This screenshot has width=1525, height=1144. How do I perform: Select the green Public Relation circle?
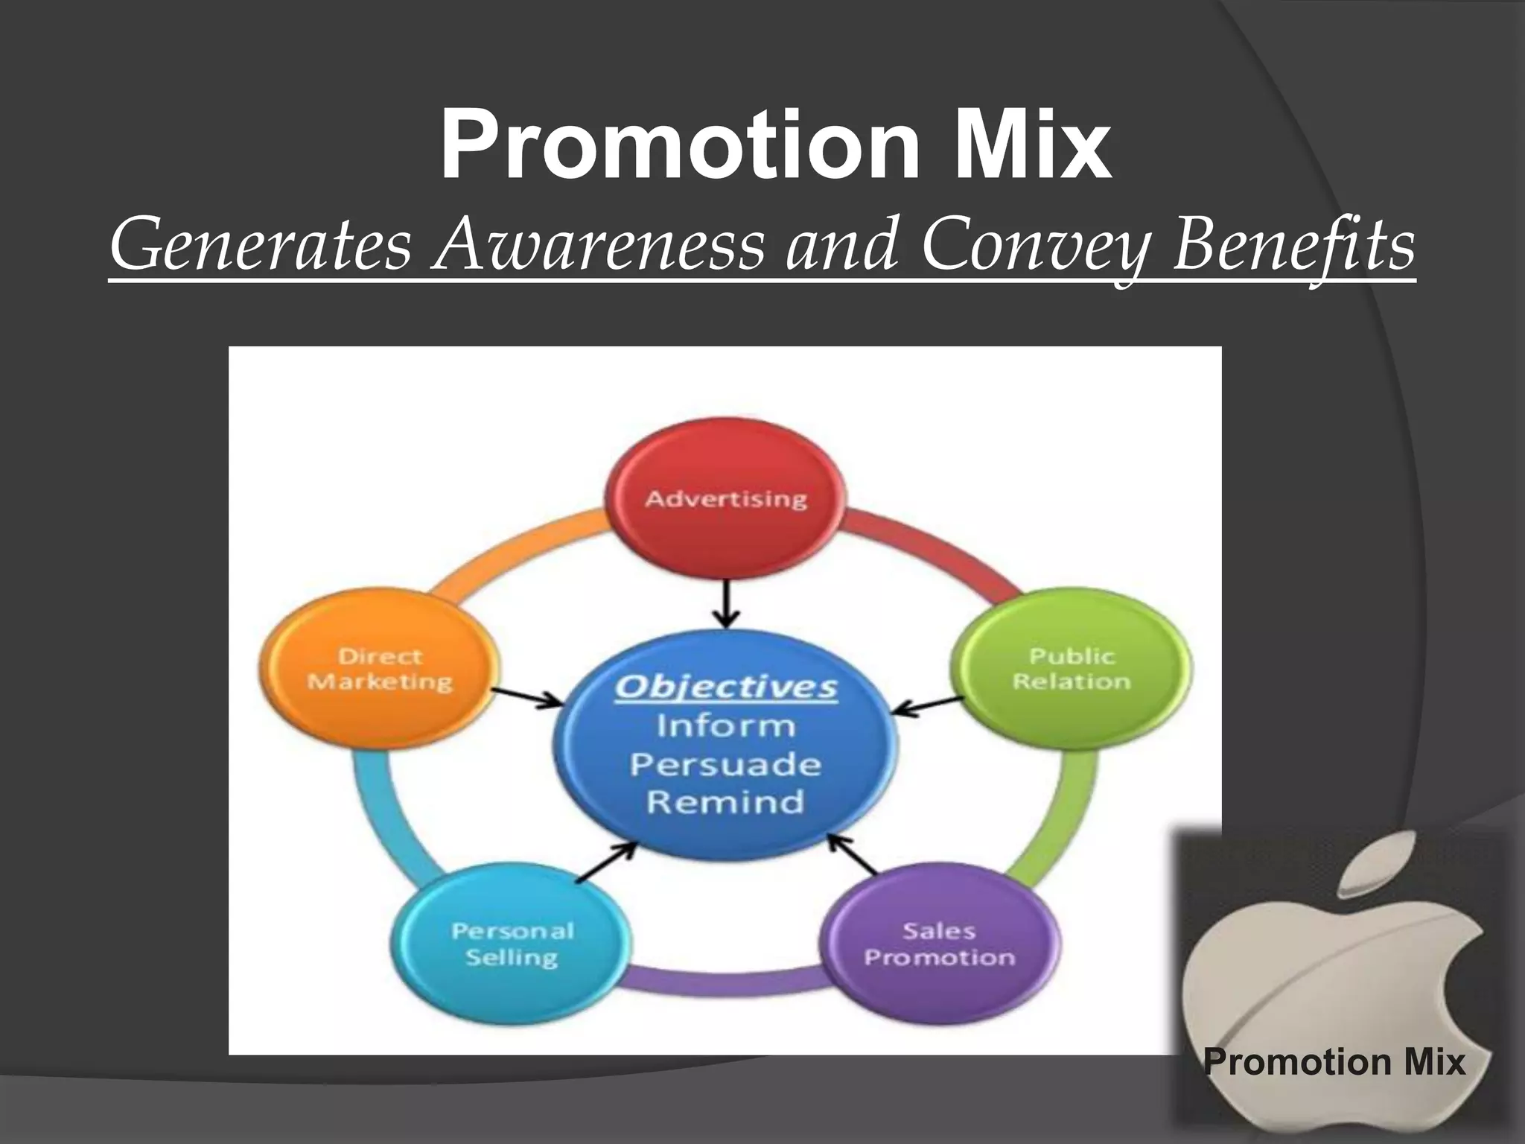click(1071, 668)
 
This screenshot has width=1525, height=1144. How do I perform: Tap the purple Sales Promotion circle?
click(939, 943)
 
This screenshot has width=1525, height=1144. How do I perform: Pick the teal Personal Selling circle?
click(512, 943)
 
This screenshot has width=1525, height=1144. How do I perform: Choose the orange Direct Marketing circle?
click(380, 668)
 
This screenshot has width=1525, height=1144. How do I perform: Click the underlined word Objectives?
click(726, 687)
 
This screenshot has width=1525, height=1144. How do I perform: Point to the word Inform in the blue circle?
click(726, 725)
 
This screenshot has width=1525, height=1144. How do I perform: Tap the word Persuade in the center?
click(726, 764)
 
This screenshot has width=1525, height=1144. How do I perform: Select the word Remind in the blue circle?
click(726, 802)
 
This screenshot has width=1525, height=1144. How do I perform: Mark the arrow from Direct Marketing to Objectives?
click(527, 696)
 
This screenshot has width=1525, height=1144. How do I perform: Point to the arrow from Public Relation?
click(928, 706)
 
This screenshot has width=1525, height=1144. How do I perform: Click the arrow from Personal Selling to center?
click(607, 862)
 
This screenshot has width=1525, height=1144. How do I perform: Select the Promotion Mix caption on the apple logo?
click(1334, 1061)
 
